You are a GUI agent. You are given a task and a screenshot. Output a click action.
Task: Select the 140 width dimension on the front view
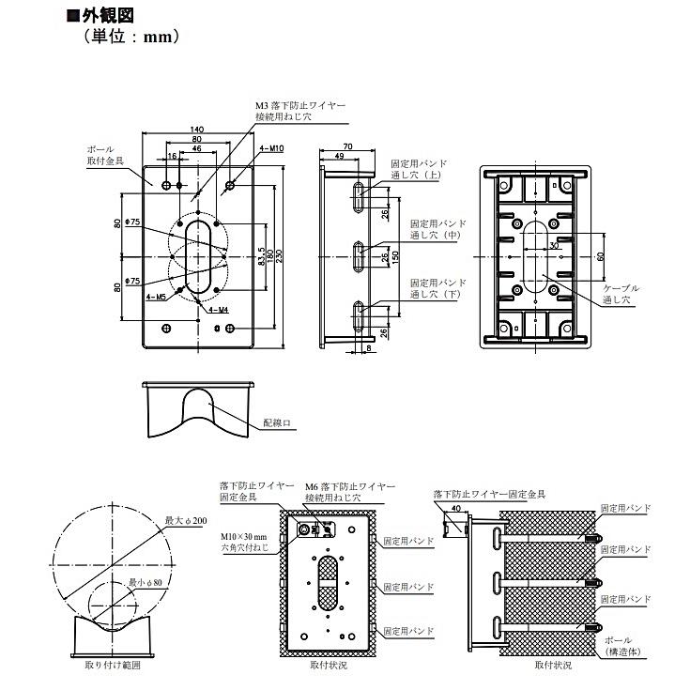tap(197, 129)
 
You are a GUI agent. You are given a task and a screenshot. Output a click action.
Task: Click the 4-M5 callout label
tap(156, 296)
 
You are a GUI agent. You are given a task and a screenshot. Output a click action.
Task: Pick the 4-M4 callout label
tap(219, 309)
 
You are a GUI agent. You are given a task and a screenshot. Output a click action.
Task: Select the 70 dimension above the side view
tap(347, 146)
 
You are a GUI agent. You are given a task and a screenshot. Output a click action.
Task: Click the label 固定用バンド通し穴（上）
tap(419, 169)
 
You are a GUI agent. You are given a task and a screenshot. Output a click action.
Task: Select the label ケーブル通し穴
tap(621, 293)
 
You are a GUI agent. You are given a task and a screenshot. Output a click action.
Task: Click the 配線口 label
tap(278, 424)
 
